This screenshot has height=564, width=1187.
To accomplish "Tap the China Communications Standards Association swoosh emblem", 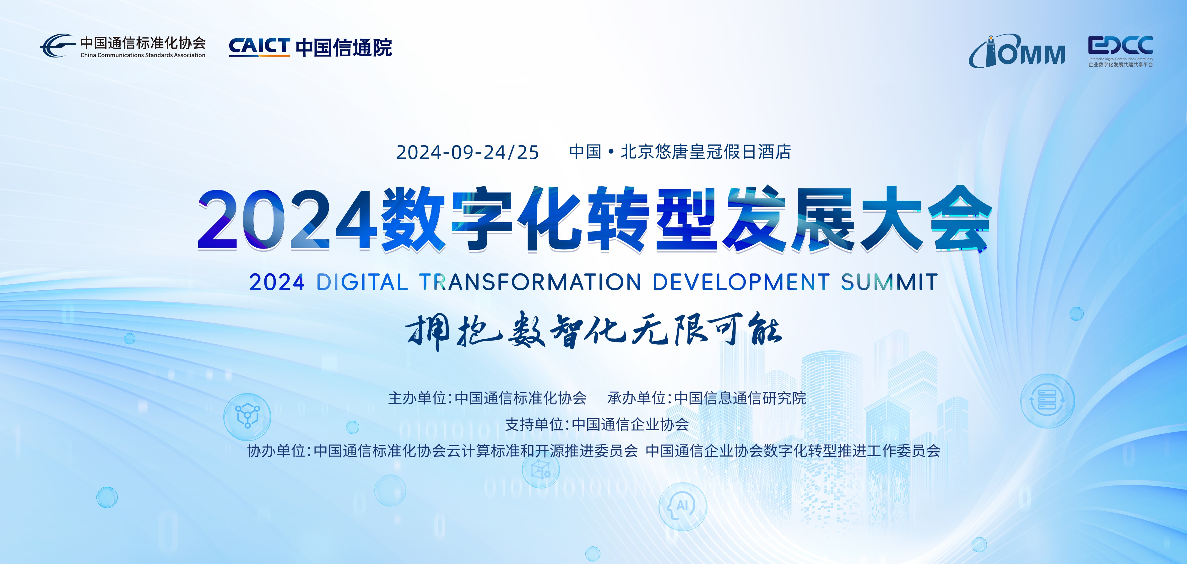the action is [x=57, y=45].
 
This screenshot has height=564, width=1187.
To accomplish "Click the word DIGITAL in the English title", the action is [x=362, y=282].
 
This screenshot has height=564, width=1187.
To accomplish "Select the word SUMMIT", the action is [x=889, y=282].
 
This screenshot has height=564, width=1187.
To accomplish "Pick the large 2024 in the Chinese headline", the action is [x=286, y=220].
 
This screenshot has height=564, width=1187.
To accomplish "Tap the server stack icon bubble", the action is [x=1047, y=400].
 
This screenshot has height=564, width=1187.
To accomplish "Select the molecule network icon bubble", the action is [x=247, y=416].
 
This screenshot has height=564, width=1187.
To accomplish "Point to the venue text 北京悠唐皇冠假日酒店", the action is [x=706, y=152].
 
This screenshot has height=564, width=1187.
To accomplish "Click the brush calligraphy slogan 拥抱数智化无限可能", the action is [x=594, y=330].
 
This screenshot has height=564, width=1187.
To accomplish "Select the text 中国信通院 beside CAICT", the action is [x=344, y=47].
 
